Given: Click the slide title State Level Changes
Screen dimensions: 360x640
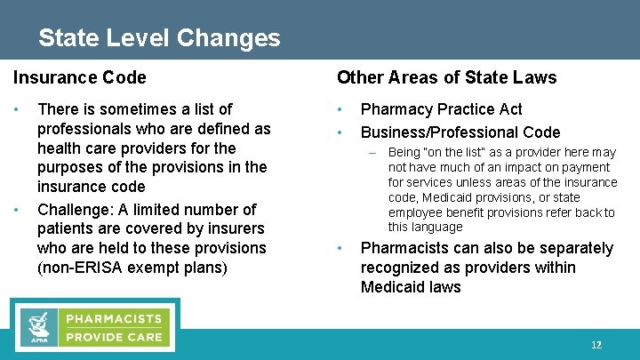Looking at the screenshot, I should (x=159, y=38).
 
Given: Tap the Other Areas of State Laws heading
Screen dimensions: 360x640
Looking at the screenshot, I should (x=447, y=77).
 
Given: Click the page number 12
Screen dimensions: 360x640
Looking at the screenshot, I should (x=596, y=345).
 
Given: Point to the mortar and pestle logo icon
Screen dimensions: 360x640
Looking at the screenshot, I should (x=37, y=327).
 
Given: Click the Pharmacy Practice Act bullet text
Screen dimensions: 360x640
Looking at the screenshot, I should (x=441, y=109).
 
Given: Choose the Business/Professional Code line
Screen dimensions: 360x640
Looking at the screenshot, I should (x=460, y=132).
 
